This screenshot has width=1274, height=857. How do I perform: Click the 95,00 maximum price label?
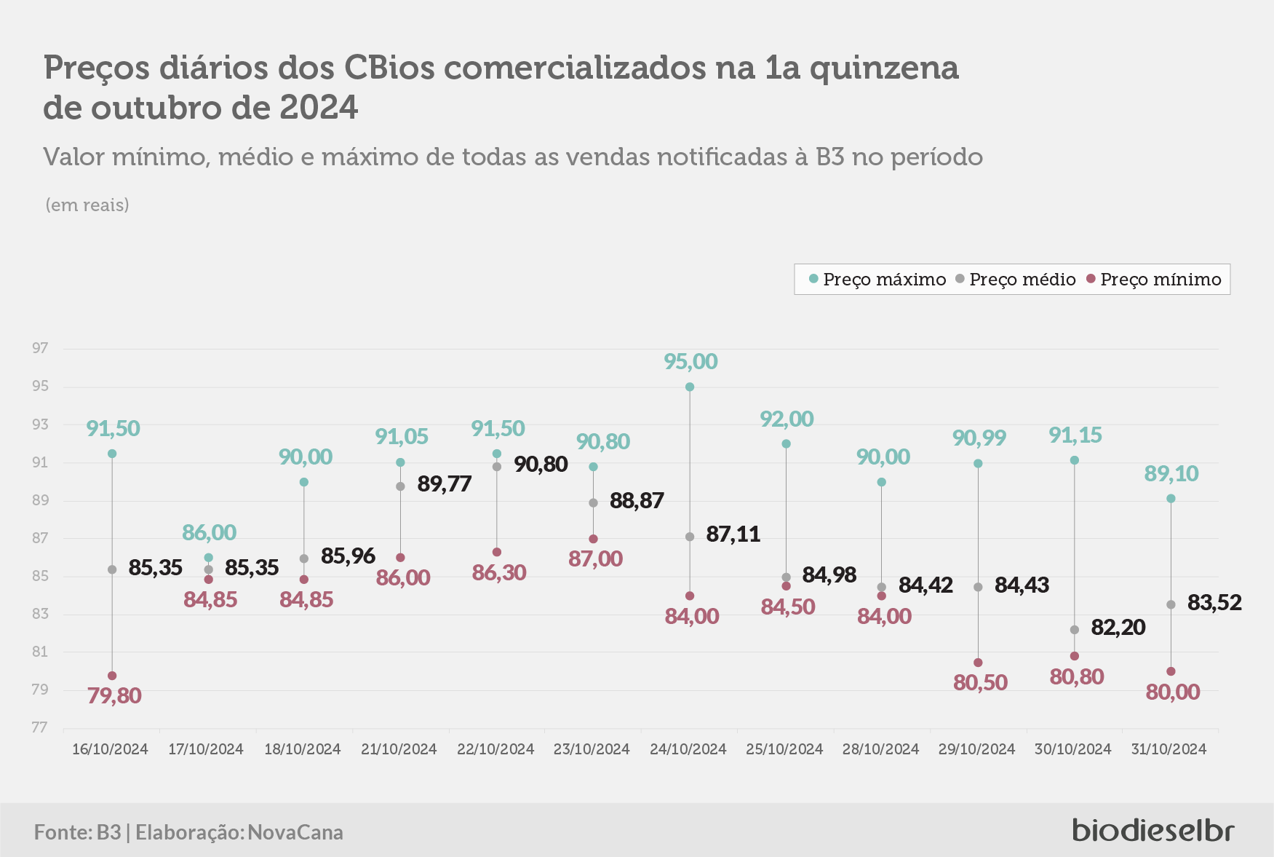click(690, 361)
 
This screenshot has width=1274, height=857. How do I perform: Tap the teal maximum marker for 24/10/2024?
click(690, 387)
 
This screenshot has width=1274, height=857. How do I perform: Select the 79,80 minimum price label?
click(114, 695)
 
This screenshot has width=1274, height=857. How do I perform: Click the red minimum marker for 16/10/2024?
click(112, 676)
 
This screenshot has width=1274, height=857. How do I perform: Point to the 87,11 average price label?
click(733, 534)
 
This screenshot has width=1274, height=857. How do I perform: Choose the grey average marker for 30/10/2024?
click(1075, 630)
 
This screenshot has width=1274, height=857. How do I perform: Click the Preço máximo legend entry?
click(877, 280)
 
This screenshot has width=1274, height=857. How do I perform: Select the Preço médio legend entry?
click(1016, 280)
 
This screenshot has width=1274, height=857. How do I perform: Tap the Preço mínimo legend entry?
click(1154, 280)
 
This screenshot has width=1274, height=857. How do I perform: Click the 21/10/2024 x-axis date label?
click(399, 749)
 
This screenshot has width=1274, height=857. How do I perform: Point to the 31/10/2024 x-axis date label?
click(1169, 749)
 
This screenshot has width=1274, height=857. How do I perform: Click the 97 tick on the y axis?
click(40, 348)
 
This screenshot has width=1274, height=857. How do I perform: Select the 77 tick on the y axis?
click(40, 727)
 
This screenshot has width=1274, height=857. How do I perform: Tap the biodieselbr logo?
click(1153, 829)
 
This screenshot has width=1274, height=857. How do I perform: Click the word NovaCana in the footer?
click(295, 832)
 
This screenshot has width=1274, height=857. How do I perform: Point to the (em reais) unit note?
click(87, 205)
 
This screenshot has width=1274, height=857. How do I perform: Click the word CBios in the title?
click(389, 68)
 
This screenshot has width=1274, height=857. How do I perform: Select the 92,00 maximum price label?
click(787, 419)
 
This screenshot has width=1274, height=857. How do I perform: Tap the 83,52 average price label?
click(1214, 602)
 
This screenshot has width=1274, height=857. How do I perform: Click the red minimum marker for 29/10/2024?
click(978, 663)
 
